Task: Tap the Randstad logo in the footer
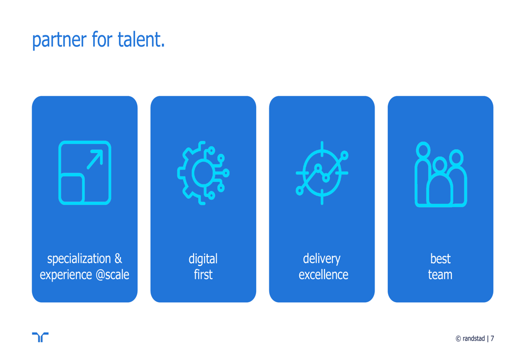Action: (x=40, y=337)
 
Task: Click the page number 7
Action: (x=492, y=338)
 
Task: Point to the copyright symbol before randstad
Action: (x=458, y=339)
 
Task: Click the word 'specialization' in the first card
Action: (x=79, y=259)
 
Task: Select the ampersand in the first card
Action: (x=118, y=259)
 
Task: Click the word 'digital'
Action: (x=203, y=259)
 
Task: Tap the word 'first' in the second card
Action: (x=203, y=274)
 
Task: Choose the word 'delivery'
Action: (x=321, y=259)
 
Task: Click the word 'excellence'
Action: (x=323, y=274)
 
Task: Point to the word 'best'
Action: (x=440, y=259)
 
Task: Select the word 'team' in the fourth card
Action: (x=440, y=274)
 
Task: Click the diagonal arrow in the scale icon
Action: (x=95, y=159)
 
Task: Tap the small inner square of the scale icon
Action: (x=72, y=188)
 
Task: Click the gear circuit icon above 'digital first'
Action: (x=203, y=173)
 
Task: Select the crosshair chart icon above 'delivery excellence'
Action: (x=322, y=173)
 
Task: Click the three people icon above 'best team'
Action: (x=441, y=174)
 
